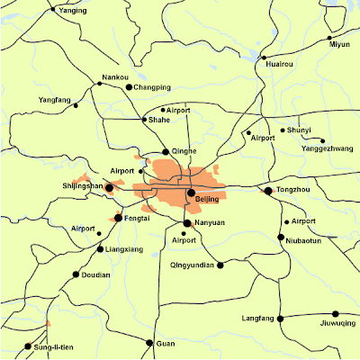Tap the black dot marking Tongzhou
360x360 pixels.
(x=267, y=191)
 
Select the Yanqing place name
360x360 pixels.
(x=74, y=12)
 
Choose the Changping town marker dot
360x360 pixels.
(x=129, y=87)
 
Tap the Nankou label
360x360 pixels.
(x=115, y=78)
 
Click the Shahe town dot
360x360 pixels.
(x=145, y=119)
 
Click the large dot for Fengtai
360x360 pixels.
(x=119, y=218)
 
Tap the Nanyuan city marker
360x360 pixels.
(x=187, y=222)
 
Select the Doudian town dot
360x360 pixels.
(x=76, y=274)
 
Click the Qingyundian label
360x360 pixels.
(x=191, y=265)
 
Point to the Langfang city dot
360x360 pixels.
(x=280, y=318)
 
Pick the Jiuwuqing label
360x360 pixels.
(x=337, y=323)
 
